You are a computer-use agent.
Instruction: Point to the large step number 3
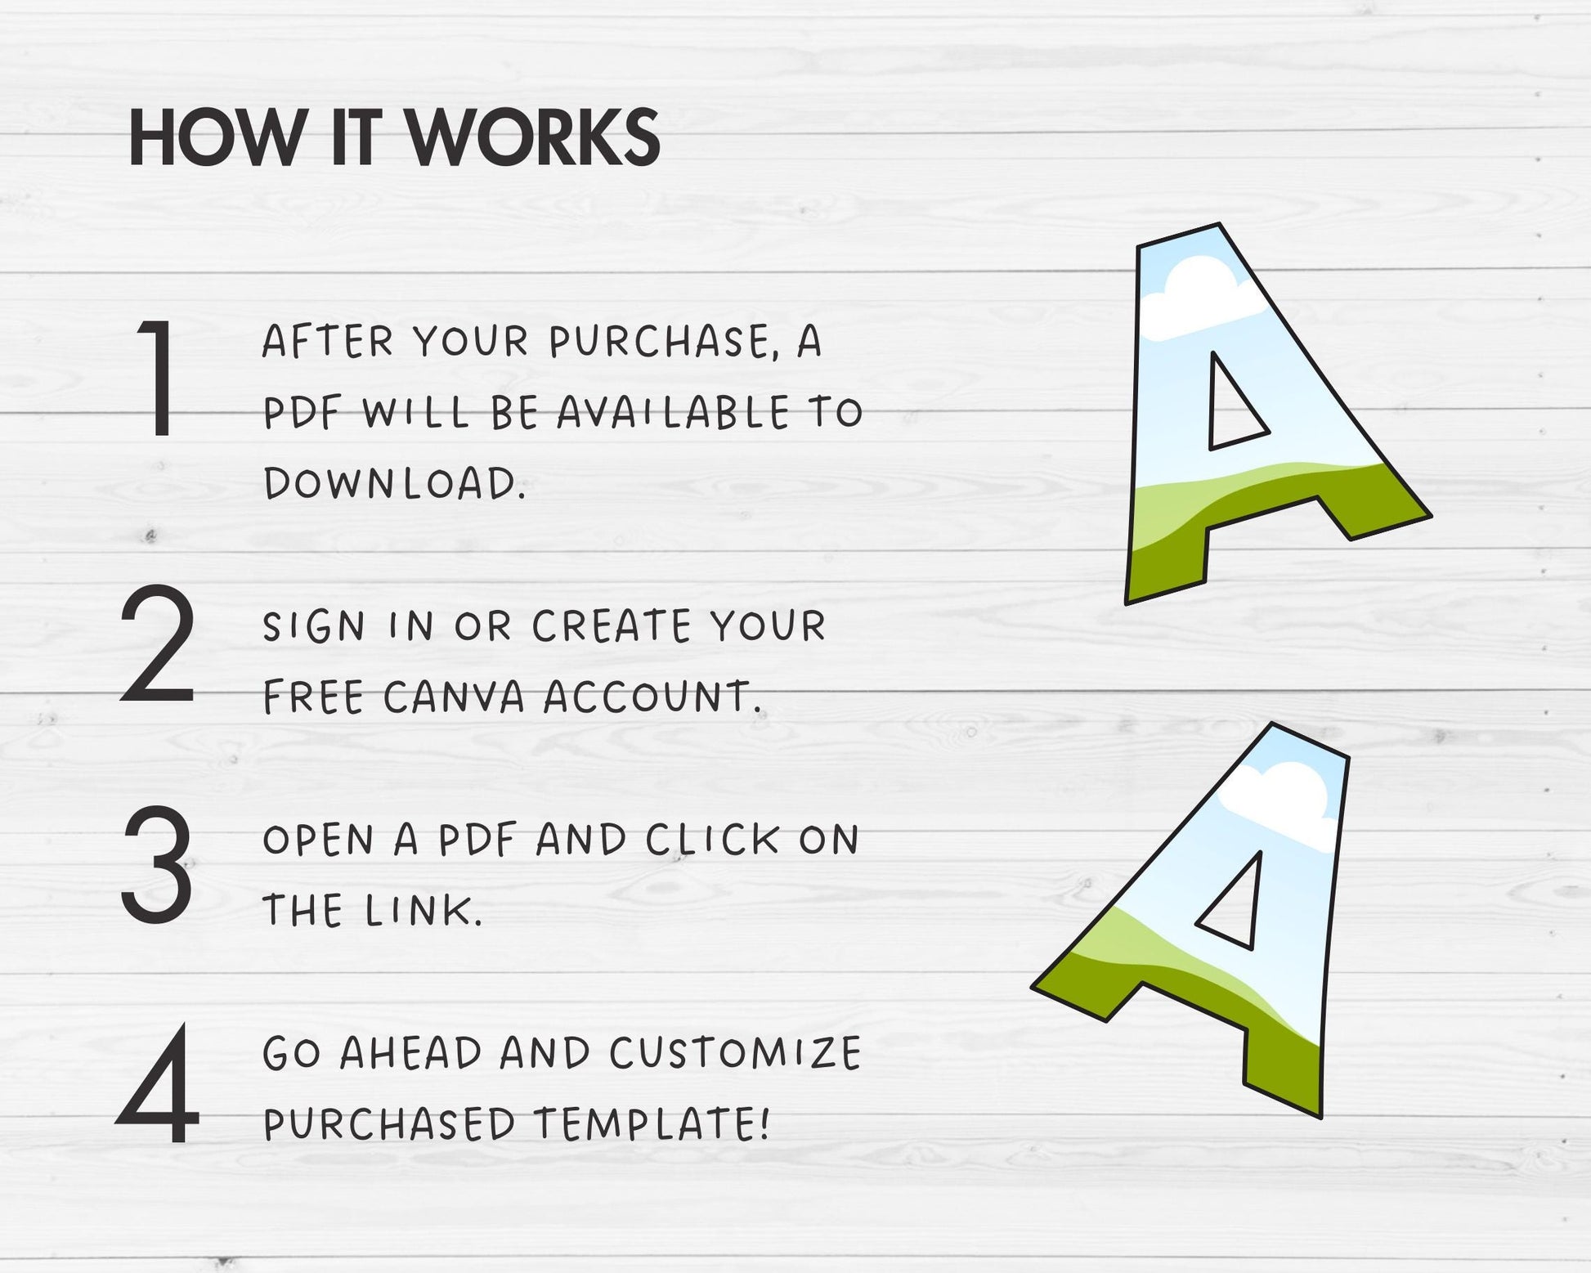(157, 863)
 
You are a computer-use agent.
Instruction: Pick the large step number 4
(158, 1083)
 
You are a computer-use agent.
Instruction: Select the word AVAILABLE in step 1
(674, 412)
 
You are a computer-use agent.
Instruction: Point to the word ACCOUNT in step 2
(652, 697)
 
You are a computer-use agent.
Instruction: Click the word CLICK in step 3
(713, 840)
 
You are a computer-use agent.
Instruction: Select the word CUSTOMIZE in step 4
(735, 1053)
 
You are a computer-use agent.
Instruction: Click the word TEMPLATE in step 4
(652, 1124)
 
